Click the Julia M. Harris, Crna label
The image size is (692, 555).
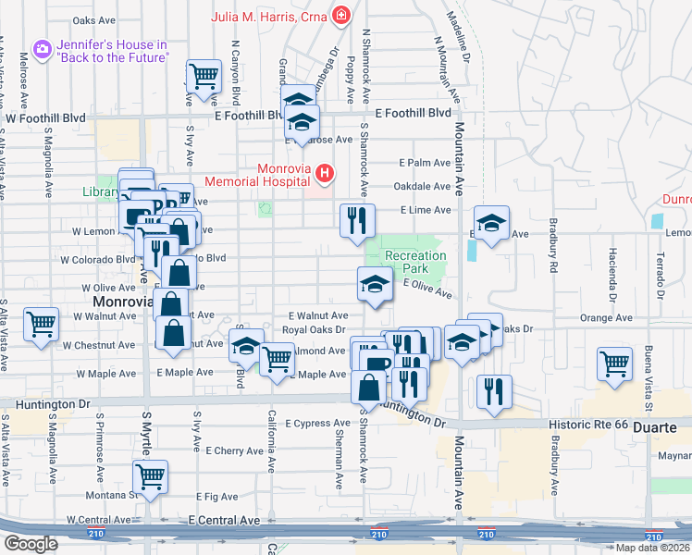click(x=269, y=16)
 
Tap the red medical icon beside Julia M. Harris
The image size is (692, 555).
click(x=341, y=16)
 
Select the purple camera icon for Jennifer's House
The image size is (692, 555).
click(x=41, y=49)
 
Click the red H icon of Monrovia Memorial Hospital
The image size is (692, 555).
click(x=324, y=172)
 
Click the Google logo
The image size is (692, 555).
click(x=30, y=544)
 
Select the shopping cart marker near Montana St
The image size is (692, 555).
click(x=150, y=476)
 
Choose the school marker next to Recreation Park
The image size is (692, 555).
click(x=375, y=283)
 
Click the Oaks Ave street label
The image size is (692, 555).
click(x=93, y=19)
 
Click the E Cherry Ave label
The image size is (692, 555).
click(x=236, y=450)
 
